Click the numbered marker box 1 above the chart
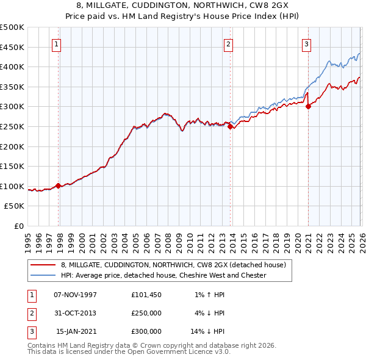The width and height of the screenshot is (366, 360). [x=56, y=43]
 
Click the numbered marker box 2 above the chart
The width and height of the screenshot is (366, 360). [x=228, y=43]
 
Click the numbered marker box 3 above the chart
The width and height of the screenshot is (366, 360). [x=306, y=43]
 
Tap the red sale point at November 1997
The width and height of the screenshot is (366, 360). [x=59, y=185]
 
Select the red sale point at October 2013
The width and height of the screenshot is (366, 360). [x=230, y=127]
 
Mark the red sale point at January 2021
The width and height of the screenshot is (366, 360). [x=308, y=107]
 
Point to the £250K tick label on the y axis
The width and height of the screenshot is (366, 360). [x=12, y=126]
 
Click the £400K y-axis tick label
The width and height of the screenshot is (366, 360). [x=12, y=67]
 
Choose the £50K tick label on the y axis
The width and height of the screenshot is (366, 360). [x=15, y=206]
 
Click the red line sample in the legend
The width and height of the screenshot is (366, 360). [x=44, y=265]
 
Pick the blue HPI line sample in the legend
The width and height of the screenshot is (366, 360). [x=44, y=275]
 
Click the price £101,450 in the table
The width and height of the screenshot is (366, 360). [x=146, y=295]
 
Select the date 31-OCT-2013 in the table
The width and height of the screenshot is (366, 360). [x=75, y=313]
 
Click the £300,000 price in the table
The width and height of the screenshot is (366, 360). [x=146, y=331]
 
